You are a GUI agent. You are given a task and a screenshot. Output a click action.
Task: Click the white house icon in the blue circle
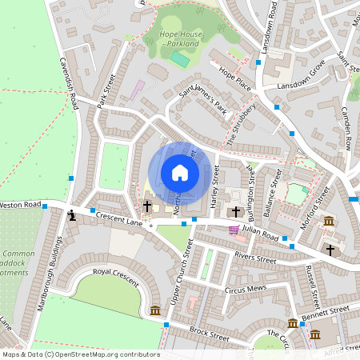180,173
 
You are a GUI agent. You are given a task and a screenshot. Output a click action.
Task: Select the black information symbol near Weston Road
72,214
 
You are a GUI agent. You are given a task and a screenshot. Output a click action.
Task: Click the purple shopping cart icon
234,230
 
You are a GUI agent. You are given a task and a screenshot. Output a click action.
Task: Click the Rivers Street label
254,258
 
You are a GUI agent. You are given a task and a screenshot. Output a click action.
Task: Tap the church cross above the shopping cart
236,212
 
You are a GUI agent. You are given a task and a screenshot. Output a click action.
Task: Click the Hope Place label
235,77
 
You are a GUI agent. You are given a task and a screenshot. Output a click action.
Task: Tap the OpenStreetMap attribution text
80,354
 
